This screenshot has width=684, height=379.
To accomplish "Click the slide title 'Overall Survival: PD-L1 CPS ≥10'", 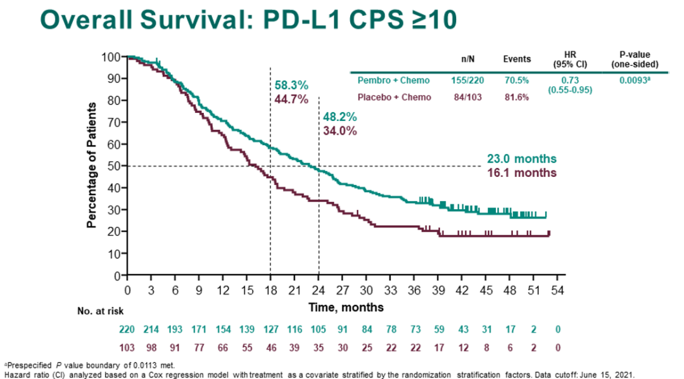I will coord(249,20).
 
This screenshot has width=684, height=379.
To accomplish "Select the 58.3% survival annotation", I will coord(291,86).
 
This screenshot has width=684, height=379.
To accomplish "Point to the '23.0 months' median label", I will coord(521,159).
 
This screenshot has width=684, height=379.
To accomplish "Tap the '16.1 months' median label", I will coord(521,172).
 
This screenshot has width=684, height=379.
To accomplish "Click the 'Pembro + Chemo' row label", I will coord(393,80).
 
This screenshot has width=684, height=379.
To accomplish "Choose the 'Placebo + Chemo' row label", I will coord(395,97).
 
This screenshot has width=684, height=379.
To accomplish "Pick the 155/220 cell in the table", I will coord(472,80).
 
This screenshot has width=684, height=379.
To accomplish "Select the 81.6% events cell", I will coord(516,97).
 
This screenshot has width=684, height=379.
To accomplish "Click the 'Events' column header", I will coord(517,59).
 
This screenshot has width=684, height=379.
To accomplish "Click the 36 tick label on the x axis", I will coord(414,290).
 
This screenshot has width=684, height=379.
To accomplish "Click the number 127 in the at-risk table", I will coord(271,330).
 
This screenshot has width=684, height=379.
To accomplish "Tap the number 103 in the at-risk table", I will coord(128,348).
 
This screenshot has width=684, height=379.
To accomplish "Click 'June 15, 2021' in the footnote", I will coord(597,373).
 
